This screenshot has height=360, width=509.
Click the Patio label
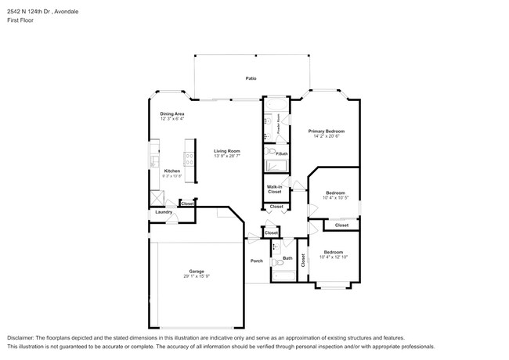251,78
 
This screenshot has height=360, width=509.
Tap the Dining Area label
172,114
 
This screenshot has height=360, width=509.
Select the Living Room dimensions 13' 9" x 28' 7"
227,156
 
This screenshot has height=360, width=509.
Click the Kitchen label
172,171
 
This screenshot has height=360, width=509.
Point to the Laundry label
164,212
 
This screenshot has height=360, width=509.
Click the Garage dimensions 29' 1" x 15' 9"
197,276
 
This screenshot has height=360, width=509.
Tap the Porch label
256,261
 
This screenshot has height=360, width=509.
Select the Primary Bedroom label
326,131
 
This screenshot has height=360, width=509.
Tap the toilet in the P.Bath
269,152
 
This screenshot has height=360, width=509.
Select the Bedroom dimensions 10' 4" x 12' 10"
333,257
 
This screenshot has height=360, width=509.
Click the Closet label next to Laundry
188,203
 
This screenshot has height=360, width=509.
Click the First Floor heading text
21,22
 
